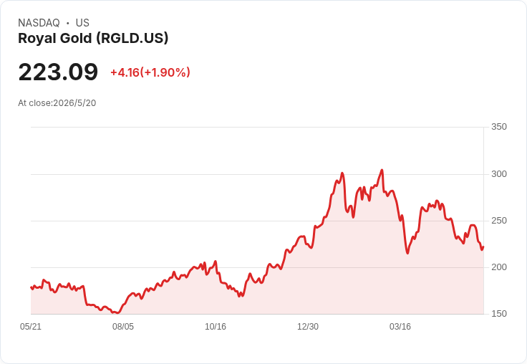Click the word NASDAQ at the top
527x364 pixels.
click(x=39, y=23)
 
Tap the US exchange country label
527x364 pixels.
click(x=82, y=23)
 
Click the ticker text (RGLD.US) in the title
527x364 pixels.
click(x=132, y=39)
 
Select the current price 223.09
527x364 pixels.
click(x=58, y=72)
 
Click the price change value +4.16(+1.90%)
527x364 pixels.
click(x=150, y=72)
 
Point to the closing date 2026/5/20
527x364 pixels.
click(x=74, y=103)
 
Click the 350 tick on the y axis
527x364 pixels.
click(x=499, y=127)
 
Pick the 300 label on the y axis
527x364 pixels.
click(x=499, y=174)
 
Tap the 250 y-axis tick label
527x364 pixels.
click(x=499, y=221)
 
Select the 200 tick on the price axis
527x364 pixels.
click(x=499, y=267)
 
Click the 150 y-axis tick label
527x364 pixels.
click(x=499, y=314)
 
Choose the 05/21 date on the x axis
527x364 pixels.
click(x=31, y=327)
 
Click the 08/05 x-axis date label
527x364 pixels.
click(x=123, y=327)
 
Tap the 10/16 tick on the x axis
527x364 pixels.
click(x=216, y=327)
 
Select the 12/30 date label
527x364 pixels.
click(x=308, y=327)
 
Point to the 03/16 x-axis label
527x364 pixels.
click(x=400, y=327)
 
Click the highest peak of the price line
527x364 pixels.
click(x=382, y=170)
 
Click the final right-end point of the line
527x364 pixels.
click(x=483, y=247)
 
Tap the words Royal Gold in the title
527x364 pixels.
click(x=55, y=39)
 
